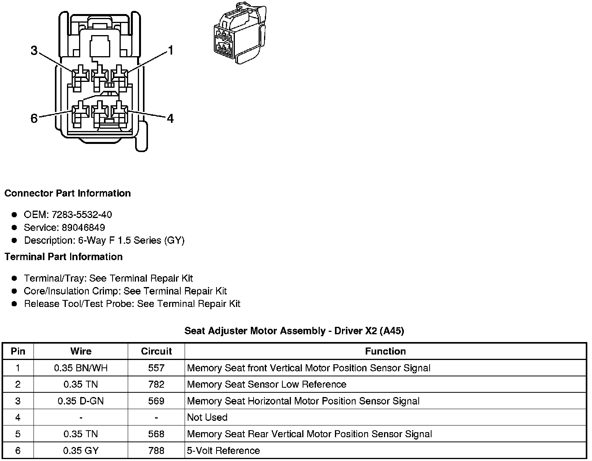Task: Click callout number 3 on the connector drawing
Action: coord(34,51)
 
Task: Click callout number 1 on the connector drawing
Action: coord(170,51)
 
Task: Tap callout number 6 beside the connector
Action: coord(34,118)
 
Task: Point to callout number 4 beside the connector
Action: coord(170,118)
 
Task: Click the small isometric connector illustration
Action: coord(238,34)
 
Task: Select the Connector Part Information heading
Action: coord(67,193)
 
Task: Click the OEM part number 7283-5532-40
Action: coord(82,215)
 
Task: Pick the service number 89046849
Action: coord(83,227)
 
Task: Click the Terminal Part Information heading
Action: coord(63,257)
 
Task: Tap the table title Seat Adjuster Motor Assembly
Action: coord(294,331)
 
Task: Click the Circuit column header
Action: coord(156,351)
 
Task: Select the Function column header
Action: coord(385,351)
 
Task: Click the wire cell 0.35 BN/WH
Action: coord(81,368)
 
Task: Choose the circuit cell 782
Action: coord(156,385)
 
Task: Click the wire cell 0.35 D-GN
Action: coord(81,401)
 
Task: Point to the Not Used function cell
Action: coord(207,417)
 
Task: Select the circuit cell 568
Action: coord(156,434)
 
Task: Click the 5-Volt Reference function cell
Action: coord(223,451)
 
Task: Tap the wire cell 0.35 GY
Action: coord(81,451)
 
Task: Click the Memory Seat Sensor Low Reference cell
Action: coord(266,385)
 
